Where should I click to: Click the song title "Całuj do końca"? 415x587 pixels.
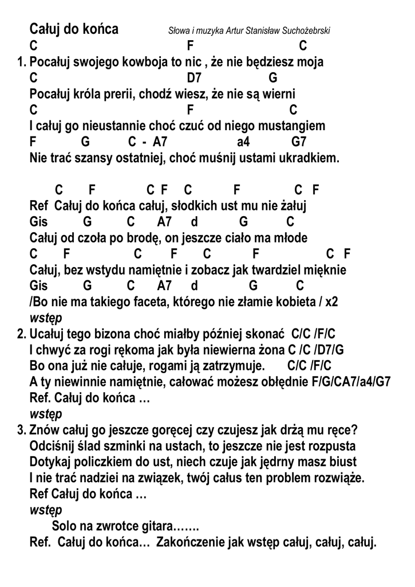coord(74,29)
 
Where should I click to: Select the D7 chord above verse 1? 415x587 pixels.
coord(195,77)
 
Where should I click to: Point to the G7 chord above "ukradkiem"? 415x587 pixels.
coord(299,141)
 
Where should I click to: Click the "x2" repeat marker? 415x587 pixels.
coord(331,302)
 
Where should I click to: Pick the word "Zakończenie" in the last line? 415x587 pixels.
coord(190,541)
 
